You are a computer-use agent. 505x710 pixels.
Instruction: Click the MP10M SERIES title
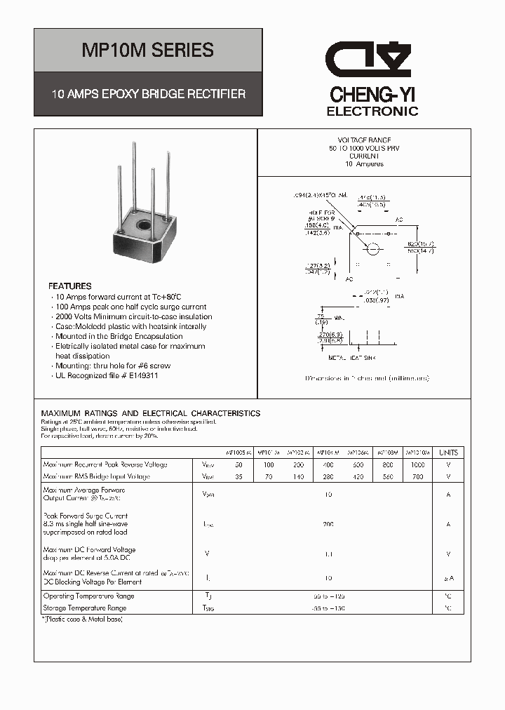click(148, 51)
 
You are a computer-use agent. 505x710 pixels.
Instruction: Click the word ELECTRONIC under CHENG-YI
click(372, 112)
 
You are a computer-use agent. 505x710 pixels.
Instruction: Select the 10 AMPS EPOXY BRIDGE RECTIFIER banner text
click(148, 93)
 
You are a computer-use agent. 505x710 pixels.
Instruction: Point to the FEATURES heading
click(69, 286)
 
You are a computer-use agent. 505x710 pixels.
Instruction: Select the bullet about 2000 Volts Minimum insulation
click(133, 316)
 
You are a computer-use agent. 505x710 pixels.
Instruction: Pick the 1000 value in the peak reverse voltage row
click(417, 464)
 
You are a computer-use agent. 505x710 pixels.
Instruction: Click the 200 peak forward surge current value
click(328, 524)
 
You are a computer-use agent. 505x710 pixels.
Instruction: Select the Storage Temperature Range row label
click(84, 608)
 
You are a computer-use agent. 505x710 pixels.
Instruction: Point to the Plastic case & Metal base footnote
click(82, 619)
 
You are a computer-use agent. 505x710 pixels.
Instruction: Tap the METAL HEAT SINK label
click(352, 358)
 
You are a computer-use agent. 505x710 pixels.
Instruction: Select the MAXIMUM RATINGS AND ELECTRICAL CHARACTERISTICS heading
click(151, 413)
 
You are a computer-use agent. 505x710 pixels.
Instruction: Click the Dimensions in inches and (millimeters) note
click(367, 378)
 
